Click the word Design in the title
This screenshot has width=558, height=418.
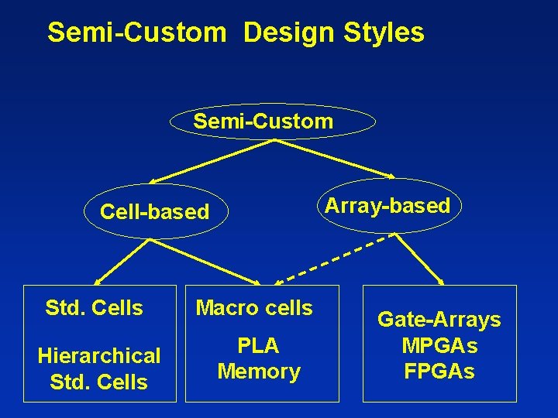pos(286,33)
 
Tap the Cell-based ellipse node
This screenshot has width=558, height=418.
pos(155,211)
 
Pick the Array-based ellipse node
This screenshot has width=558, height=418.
pos(387,206)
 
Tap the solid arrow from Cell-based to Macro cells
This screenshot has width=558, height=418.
pos(201,259)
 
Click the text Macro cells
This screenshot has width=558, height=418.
pos(254,308)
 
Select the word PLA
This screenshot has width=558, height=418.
pos(258,345)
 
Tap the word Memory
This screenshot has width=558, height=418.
pos(259,372)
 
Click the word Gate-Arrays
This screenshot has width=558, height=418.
pos(439,320)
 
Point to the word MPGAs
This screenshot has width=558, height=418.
pos(439,345)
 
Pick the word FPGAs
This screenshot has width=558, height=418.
pos(439,372)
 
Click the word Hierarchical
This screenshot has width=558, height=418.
pos(99,356)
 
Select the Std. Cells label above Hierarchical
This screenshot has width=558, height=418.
pos(95,308)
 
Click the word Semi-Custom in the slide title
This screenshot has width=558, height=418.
pos(136,33)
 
